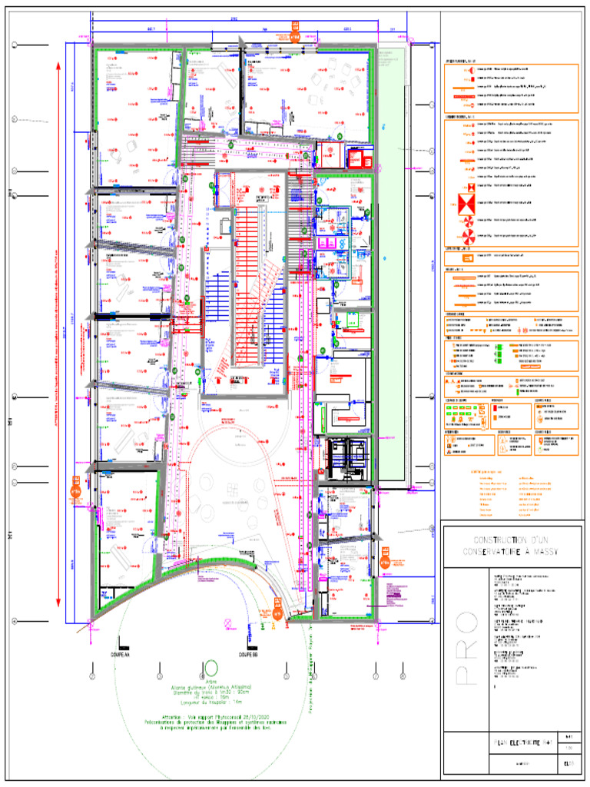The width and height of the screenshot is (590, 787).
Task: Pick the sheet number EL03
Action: pos(569,763)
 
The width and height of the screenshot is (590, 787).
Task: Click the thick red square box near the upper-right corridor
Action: pos(358,160)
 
